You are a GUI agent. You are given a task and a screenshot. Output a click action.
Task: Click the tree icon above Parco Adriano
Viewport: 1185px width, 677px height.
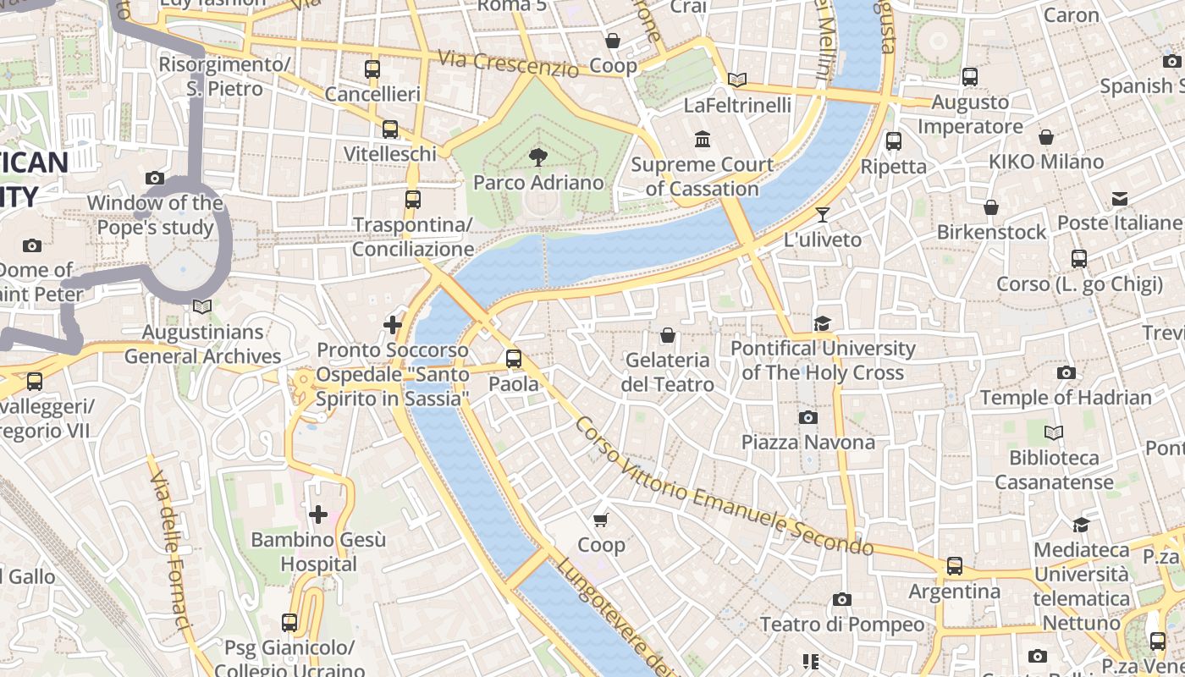[x=537, y=157]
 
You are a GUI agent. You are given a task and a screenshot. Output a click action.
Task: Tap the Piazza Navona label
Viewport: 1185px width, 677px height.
[x=807, y=443]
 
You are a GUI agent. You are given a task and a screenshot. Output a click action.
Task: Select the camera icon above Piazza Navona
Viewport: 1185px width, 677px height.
[x=807, y=417]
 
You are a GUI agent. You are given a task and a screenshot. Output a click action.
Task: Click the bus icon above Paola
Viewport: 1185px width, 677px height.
[x=514, y=359]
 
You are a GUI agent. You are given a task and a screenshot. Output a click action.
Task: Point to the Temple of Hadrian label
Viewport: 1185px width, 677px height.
[x=1066, y=398]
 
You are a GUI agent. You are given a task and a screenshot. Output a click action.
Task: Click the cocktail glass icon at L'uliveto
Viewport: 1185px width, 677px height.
[x=822, y=214]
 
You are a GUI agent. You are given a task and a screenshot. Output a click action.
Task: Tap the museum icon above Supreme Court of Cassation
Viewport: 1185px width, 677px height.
[x=702, y=139]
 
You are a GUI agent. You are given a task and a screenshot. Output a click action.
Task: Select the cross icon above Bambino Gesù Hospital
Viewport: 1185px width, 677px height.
[x=318, y=515]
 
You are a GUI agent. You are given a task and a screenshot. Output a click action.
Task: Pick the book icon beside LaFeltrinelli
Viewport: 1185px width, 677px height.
[x=737, y=80]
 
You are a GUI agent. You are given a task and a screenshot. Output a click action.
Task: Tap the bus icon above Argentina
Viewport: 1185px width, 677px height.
[x=955, y=566]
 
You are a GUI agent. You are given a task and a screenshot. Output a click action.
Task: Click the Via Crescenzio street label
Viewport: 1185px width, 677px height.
[x=508, y=63]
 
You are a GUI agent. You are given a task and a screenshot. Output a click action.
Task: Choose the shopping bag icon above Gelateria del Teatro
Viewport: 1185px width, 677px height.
[x=668, y=335]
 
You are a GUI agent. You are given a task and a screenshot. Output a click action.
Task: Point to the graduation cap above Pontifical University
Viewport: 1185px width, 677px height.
[x=822, y=323]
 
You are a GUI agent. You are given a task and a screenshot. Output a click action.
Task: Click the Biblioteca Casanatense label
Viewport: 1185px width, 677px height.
[x=1054, y=470]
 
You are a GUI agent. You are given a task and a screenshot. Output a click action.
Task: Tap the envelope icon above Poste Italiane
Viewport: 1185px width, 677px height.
[x=1120, y=199]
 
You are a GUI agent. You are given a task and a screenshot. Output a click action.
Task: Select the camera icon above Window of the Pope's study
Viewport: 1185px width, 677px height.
[x=155, y=178]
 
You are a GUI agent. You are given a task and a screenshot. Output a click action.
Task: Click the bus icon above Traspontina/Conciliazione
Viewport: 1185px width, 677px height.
[x=412, y=200]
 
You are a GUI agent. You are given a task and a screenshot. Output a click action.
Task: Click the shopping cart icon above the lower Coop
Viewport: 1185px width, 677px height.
[x=601, y=520]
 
